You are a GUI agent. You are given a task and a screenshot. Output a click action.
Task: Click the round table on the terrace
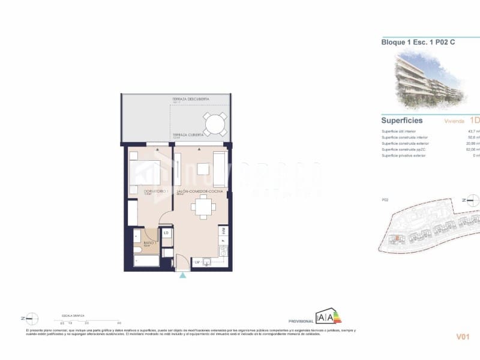click(214, 124)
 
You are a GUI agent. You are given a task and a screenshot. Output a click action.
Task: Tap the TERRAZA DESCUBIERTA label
click(190, 99)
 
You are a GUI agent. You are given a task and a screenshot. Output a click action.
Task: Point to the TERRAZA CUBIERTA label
click(187, 135)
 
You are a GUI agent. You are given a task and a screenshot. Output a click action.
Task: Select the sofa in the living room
click(220, 169)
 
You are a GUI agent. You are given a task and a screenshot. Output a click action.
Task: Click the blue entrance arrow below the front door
click(182, 275)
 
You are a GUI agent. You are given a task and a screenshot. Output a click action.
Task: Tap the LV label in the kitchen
click(196, 262)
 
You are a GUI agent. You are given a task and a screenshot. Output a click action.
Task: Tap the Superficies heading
click(402, 120)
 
